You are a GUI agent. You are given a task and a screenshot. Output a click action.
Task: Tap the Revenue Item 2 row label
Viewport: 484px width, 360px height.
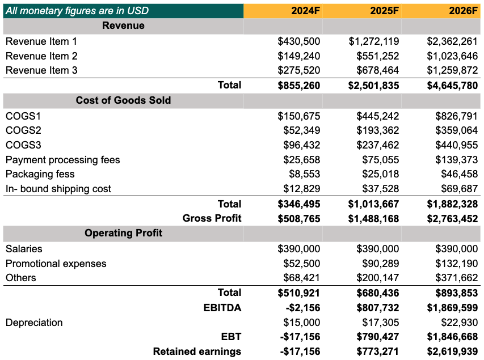pyautogui.click(x=41, y=56)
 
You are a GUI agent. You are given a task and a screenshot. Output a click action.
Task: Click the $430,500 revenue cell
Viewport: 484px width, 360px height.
pyautogui.click(x=299, y=41)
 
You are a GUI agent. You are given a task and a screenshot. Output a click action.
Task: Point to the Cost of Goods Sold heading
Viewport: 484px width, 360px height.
pyautogui.click(x=123, y=100)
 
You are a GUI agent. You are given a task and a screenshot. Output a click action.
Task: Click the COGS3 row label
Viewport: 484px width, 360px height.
pyautogui.click(x=23, y=145)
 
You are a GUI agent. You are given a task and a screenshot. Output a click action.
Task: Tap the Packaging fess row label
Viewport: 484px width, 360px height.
pyautogui.click(x=40, y=175)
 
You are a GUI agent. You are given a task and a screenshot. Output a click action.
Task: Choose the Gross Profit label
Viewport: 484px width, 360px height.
pyautogui.click(x=212, y=218)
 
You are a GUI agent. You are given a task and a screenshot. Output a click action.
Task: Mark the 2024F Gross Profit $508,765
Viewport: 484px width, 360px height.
pyautogui.click(x=299, y=219)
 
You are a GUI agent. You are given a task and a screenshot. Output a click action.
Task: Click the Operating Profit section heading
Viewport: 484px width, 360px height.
pyautogui.click(x=123, y=233)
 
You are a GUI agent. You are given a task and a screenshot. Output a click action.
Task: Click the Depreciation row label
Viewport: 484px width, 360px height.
pyautogui.click(x=34, y=323)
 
